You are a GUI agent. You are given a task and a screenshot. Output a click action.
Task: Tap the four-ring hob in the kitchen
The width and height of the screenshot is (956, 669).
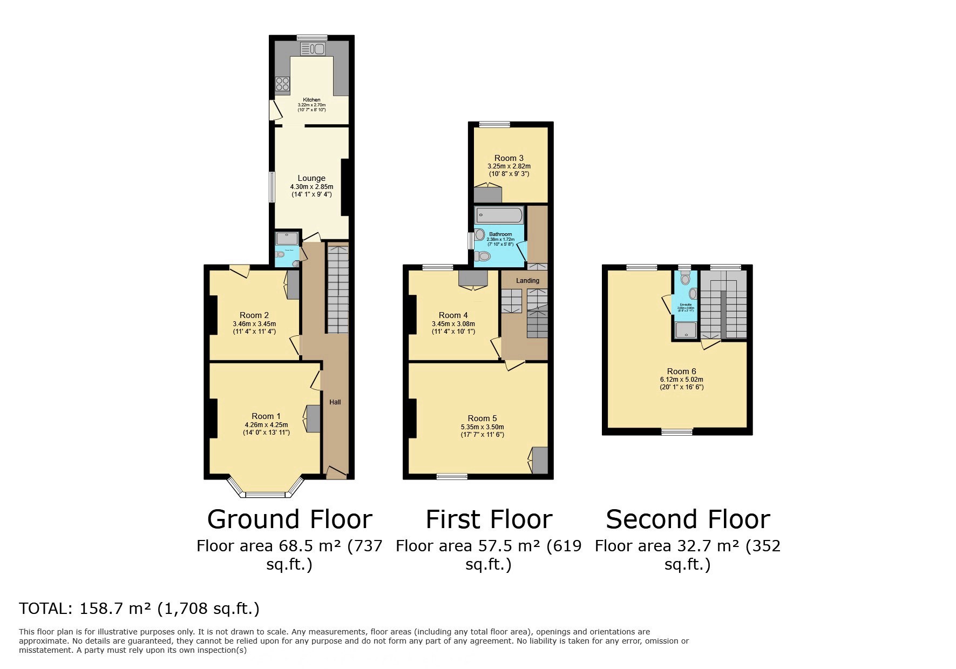coord(282,84)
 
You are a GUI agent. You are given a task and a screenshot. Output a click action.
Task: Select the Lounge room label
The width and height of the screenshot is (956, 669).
coord(311,178)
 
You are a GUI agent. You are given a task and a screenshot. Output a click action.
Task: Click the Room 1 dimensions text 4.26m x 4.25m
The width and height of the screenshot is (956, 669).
coord(266,424)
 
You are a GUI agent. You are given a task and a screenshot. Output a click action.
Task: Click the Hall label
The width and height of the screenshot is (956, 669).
coord(335,402)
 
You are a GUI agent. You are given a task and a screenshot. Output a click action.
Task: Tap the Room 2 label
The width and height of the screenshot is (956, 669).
coord(254,315)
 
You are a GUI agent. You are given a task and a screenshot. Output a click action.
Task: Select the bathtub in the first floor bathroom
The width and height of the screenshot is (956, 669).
coord(499,216)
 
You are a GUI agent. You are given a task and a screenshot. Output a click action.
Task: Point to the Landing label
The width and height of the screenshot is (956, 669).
coord(527,280)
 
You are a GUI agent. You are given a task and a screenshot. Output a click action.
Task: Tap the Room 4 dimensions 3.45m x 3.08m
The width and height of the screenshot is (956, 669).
coord(453,324)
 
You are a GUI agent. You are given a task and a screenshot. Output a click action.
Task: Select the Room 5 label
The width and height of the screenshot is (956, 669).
coord(482,418)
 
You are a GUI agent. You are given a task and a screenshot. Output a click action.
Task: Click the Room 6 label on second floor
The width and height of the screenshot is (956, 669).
coord(681,371)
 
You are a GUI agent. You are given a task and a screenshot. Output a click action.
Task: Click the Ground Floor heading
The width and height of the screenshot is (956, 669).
coord(289,519)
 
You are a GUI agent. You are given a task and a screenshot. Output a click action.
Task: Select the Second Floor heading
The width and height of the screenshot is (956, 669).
coord(687,519)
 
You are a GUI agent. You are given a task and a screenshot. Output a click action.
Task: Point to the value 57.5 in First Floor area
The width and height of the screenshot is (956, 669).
coord(493,546)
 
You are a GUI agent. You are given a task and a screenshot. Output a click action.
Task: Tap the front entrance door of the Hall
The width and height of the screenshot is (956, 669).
coord(336,473)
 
